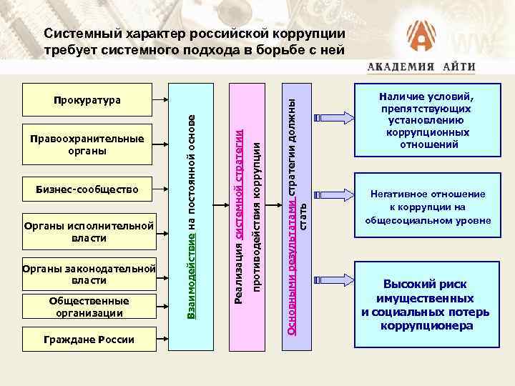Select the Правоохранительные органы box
click(88, 145)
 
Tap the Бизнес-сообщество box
click(88, 191)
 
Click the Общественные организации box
click(88, 307)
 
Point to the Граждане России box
click(88, 339)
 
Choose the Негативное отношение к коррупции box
click(426, 207)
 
